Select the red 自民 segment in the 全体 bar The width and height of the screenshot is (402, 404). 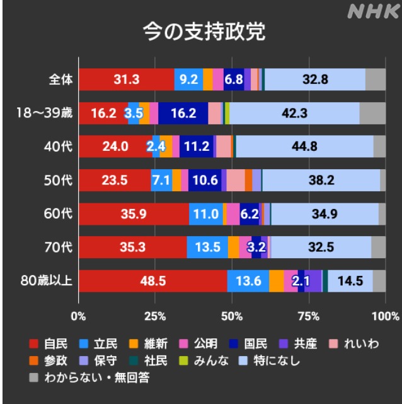coord(127,80)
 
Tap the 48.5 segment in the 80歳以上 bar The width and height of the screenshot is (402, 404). coord(153,281)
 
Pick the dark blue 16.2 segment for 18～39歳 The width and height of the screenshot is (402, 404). coord(183,114)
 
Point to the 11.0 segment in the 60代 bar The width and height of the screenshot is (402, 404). coord(205,214)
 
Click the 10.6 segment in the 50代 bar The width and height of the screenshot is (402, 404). coord(205,180)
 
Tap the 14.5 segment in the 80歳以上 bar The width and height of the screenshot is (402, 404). coord(350,281)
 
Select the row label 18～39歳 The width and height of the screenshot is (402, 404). coord(45,114)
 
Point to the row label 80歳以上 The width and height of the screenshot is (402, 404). coord(45,282)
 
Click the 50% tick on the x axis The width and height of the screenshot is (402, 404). coord(233,315)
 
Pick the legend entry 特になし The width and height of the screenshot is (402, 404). coord(277,361)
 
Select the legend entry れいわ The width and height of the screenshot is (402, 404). coord(359,344)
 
